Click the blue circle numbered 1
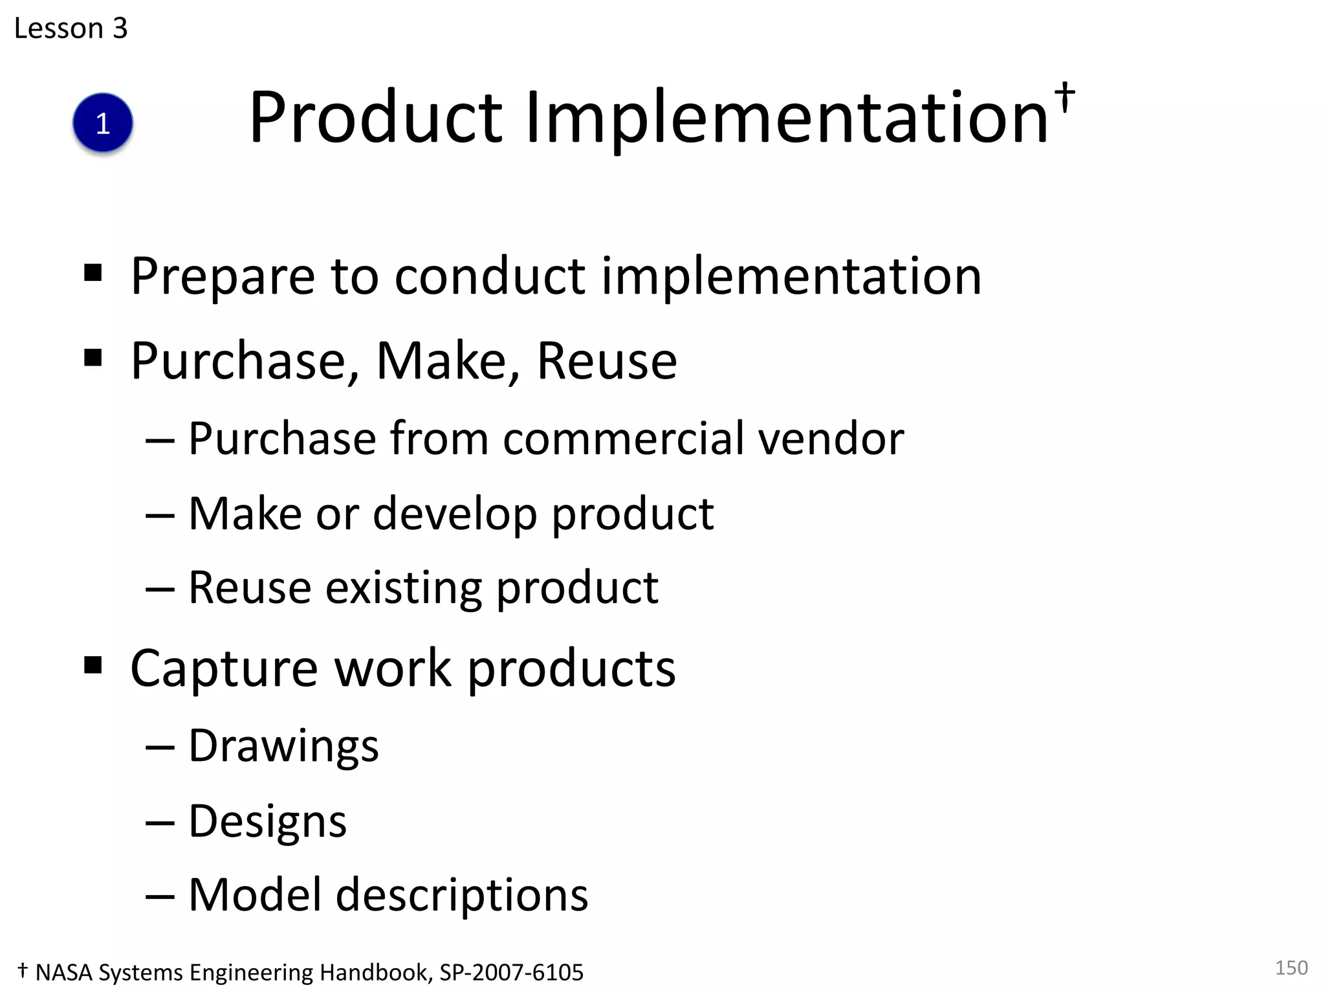(103, 123)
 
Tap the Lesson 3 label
(71, 28)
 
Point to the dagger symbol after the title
(1064, 98)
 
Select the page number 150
(1291, 967)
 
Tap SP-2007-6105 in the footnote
(512, 973)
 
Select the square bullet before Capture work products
(93, 665)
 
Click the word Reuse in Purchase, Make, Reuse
(607, 361)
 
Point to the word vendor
(831, 439)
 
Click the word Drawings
(283, 747)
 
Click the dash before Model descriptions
(160, 897)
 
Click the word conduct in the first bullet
(490, 277)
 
